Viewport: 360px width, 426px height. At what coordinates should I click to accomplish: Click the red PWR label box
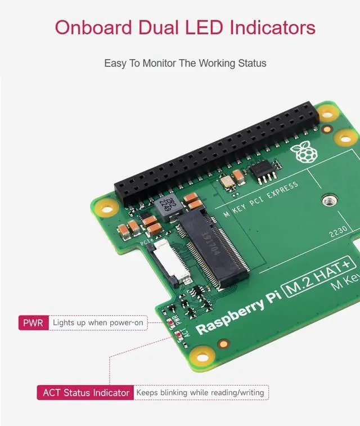point(33,323)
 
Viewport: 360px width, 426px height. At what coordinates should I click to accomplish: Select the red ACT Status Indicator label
point(86,392)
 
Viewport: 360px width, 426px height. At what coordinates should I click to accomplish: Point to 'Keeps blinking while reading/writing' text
point(200,392)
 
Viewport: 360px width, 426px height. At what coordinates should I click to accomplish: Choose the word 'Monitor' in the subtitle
point(159,63)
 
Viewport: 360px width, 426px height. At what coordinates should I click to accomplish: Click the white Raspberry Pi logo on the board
point(301,152)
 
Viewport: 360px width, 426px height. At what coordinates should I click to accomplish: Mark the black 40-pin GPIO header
point(214,152)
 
